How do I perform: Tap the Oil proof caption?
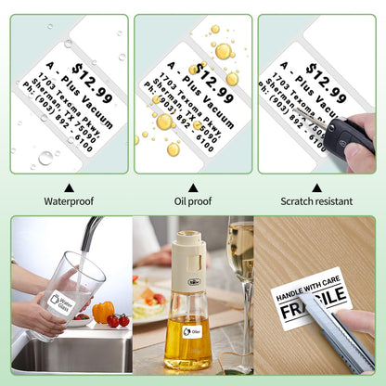193,199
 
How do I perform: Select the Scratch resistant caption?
317,199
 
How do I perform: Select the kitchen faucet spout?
87,232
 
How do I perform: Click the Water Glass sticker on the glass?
60,302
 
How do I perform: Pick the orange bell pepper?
103,311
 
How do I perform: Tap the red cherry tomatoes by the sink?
118,320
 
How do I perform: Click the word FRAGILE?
311,313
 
